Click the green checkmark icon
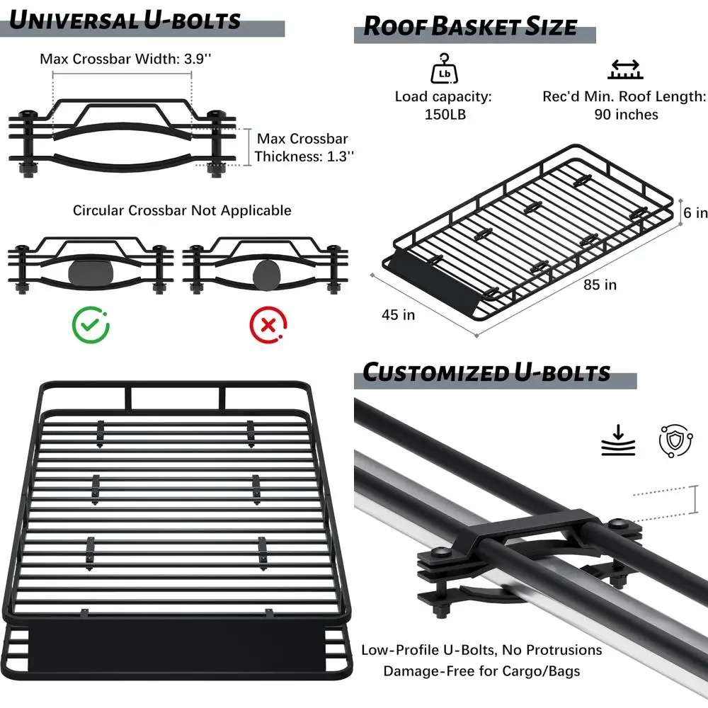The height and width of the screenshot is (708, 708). pyautogui.click(x=91, y=325)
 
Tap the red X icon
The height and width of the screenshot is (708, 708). pyautogui.click(x=268, y=325)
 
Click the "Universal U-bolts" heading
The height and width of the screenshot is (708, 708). pyautogui.click(x=125, y=21)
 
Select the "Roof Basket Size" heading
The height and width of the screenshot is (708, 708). pyautogui.click(x=470, y=27)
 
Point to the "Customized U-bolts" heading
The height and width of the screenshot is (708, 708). pyautogui.click(x=486, y=372)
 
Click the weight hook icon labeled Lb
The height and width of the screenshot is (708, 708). pyautogui.click(x=442, y=67)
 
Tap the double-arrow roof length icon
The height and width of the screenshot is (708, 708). pyautogui.click(x=624, y=68)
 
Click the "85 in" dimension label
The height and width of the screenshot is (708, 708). pyautogui.click(x=600, y=285)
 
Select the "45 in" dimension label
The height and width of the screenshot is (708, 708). pyautogui.click(x=399, y=314)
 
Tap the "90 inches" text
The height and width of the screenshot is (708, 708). pyautogui.click(x=626, y=115)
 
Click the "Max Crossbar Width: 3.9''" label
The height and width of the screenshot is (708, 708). pyautogui.click(x=125, y=59)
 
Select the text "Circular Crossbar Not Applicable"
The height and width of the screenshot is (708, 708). pyautogui.click(x=182, y=210)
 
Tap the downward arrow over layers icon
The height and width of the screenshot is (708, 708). pyautogui.click(x=618, y=440)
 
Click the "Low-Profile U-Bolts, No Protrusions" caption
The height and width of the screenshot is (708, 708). pyautogui.click(x=481, y=650)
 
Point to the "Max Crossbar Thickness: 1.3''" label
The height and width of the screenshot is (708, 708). pyautogui.click(x=303, y=148)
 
